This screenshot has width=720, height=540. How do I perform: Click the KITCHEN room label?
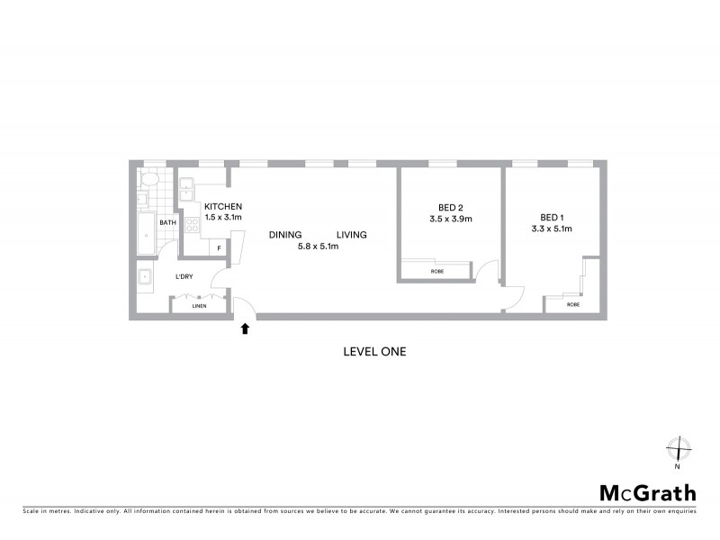223,206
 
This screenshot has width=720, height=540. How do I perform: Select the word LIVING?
352,236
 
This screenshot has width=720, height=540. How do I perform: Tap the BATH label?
167,222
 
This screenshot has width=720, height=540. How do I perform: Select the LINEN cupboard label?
199,306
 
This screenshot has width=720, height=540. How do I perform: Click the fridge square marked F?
219,247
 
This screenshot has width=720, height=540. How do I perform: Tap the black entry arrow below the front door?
245,329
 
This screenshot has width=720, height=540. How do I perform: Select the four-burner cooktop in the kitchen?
192,226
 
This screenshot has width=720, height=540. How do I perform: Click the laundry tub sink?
145,275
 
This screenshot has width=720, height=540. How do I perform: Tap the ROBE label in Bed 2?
436,270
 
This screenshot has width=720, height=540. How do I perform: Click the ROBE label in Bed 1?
573,304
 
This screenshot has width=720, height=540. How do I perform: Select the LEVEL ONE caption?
375,352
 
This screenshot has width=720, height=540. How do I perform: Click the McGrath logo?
648,492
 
